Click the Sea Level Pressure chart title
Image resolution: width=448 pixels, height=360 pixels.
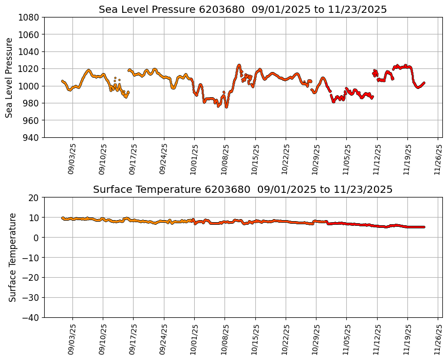[242, 10]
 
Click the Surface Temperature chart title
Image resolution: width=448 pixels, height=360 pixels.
[242, 190]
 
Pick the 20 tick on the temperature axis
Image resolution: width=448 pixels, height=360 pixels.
[34, 197]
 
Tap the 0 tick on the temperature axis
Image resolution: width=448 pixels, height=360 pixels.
[37, 238]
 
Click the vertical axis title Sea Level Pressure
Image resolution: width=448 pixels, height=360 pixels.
[9, 77]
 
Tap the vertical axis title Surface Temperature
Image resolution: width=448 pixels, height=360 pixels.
[12, 257]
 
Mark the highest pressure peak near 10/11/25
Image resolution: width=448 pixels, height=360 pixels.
[239, 65]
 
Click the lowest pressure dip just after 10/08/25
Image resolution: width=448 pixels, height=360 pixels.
[227, 106]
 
